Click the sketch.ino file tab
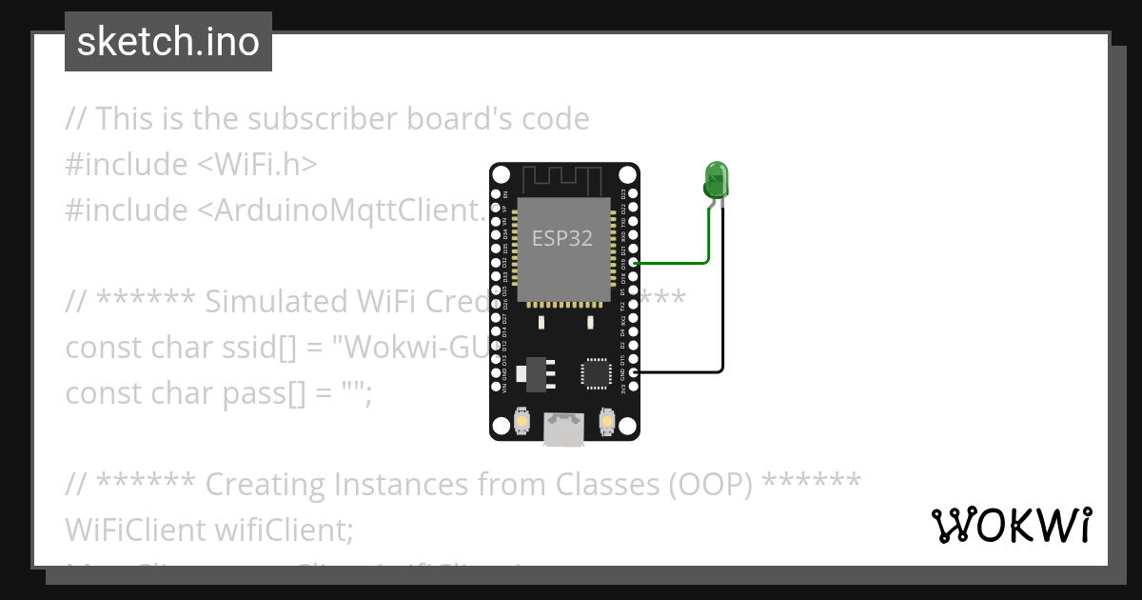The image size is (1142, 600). [168, 42]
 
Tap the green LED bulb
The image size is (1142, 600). [716, 179]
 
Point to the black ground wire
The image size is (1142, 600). [722, 305]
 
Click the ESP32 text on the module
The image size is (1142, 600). [562, 238]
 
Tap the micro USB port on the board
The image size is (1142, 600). [564, 430]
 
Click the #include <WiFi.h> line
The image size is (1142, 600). [190, 165]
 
